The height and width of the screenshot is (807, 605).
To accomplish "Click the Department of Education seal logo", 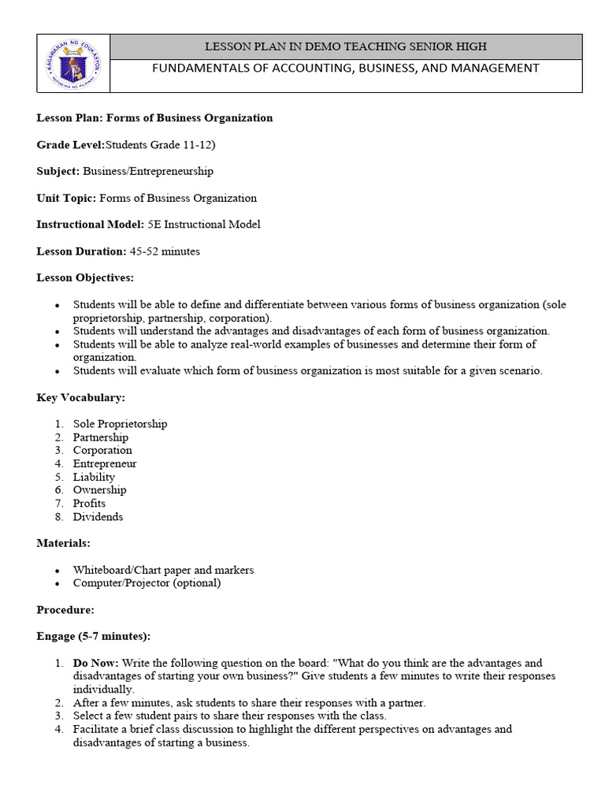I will [73, 64].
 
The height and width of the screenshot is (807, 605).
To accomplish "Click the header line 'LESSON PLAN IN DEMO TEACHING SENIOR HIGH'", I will [346, 46].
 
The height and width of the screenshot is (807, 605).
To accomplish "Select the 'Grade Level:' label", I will [70, 144].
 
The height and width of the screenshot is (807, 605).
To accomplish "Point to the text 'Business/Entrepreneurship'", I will [148, 171].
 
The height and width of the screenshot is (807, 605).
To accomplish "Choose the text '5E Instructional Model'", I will [204, 225].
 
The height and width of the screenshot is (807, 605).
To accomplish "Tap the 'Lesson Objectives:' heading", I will [85, 277].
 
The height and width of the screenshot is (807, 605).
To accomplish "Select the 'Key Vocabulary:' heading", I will [80, 398].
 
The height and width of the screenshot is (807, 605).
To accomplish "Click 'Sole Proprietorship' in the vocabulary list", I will [120, 424].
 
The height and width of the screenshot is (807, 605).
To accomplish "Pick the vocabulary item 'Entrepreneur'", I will [105, 463].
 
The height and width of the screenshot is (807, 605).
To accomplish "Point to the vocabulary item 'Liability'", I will [94, 477].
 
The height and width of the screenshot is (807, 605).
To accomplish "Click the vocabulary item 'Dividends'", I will [98, 517].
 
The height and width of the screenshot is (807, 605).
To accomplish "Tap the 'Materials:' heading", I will [62, 543].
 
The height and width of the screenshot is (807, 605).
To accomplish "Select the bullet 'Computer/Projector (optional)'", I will [147, 583].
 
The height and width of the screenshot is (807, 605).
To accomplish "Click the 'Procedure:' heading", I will [65, 610].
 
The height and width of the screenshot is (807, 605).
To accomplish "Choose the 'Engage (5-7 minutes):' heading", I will [93, 636].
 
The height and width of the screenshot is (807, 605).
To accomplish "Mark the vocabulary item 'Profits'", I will [89, 504].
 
